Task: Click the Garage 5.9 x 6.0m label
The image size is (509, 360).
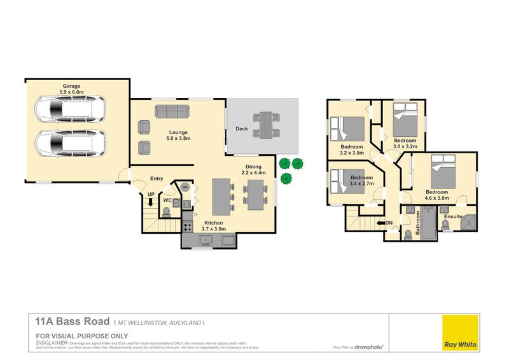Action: point(75,88)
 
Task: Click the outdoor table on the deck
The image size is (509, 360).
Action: point(266,125)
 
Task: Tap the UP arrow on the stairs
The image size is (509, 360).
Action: point(151,202)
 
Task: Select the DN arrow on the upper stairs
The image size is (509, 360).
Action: point(384,223)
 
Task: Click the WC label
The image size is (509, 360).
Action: point(167,200)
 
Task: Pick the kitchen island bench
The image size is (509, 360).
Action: point(220,197)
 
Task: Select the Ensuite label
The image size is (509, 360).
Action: point(453,217)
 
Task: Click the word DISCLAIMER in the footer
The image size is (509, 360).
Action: point(52,342)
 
